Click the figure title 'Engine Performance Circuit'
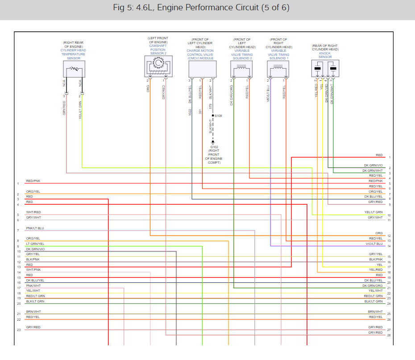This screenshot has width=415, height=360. [x=207, y=8]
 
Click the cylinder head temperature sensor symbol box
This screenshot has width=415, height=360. [x=74, y=69]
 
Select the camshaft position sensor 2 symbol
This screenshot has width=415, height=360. [x=158, y=66]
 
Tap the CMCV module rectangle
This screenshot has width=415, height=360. [x=202, y=69]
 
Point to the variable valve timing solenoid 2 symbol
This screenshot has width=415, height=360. [x=241, y=69]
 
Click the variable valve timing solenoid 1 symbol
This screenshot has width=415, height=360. [x=277, y=69]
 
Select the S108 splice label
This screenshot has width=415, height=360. [x=218, y=116]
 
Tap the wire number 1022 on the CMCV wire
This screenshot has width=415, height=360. [x=190, y=112]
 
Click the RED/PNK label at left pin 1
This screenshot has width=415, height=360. [x=33, y=181]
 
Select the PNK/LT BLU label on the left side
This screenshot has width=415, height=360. [x=35, y=228]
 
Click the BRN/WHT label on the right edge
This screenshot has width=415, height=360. [x=375, y=311]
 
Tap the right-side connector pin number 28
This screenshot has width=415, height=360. [x=389, y=335]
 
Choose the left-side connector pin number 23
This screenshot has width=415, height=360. [x=19, y=330]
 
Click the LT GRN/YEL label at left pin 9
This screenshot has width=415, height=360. [x=35, y=244]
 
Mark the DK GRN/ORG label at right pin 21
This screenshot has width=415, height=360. [x=373, y=286]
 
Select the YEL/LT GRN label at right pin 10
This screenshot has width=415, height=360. [x=373, y=212]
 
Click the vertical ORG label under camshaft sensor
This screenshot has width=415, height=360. [x=148, y=89]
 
